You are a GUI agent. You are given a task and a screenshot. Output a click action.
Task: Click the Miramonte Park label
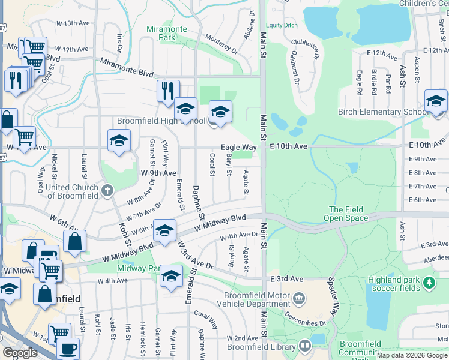(x=162, y=32)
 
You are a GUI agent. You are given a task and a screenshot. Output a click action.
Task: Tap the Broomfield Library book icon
(x=306, y=345)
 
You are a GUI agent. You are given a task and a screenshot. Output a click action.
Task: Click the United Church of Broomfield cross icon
(x=107, y=191)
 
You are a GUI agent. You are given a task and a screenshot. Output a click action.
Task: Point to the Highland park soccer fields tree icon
(x=429, y=281)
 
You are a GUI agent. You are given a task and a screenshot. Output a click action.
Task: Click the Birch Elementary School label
(x=382, y=112)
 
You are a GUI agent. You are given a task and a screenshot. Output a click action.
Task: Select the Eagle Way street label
(x=239, y=147)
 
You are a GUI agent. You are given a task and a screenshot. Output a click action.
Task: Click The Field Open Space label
(x=345, y=214)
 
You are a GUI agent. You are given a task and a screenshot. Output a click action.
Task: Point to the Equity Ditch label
(x=282, y=25)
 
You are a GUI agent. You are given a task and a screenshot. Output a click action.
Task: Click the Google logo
(x=20, y=353)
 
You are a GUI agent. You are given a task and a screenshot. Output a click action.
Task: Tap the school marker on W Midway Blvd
(x=164, y=230)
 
